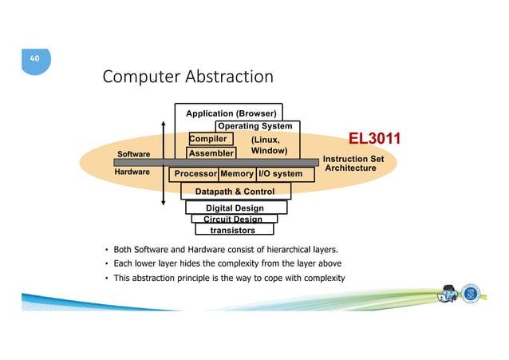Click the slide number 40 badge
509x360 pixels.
tap(34, 59)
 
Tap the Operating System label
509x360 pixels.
tap(254, 125)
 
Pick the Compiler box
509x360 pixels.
tap(208, 139)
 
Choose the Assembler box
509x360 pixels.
tap(211, 152)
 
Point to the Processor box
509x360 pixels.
tap(195, 173)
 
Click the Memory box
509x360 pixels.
tap(237, 173)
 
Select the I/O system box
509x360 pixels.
tap(279, 173)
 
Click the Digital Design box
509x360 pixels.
tap(235, 208)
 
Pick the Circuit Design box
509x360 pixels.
tap(233, 219)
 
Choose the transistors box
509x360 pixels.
tap(232, 230)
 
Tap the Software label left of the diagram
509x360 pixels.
tap(134, 153)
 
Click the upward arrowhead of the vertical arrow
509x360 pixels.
tap(163, 125)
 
